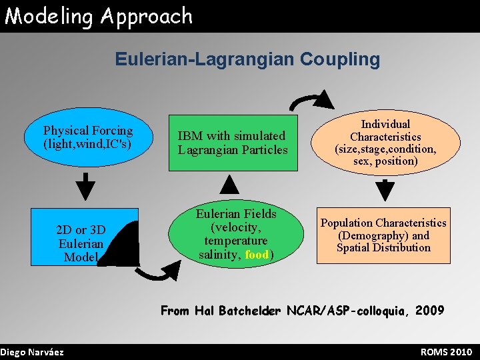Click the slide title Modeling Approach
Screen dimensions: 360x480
(99, 16)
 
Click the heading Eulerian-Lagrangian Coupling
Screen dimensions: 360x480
(247, 59)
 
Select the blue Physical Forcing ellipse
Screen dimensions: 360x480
(88, 137)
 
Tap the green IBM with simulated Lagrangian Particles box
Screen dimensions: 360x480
(233, 143)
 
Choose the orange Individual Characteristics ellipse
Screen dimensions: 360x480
(385, 142)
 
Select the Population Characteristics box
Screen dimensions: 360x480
(383, 235)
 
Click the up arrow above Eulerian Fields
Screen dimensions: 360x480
(229, 187)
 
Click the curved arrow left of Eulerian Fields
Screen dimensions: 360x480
(160, 270)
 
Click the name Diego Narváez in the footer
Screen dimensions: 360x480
(32, 352)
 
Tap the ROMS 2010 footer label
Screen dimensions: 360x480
(446, 352)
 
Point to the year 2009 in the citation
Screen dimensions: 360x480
(429, 310)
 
